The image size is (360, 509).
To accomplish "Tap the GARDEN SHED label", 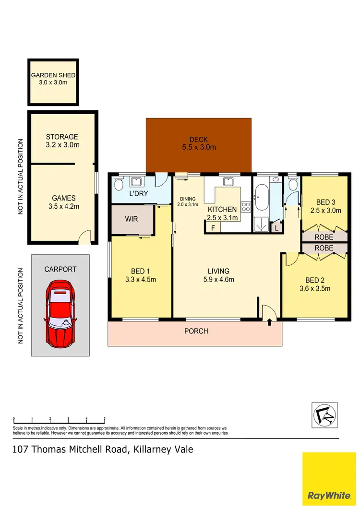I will [53, 79].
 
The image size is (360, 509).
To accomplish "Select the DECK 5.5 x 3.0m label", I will [199, 143].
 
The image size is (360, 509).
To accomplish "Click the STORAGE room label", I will [62, 141].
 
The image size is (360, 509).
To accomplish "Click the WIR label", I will [131, 219].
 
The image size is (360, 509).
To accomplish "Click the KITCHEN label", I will [222, 213].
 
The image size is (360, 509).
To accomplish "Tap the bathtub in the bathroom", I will [262, 199].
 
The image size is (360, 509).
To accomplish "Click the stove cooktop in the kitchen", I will [245, 207].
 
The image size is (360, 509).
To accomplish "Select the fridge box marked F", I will [213, 228].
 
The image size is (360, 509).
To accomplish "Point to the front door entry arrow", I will [269, 321].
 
